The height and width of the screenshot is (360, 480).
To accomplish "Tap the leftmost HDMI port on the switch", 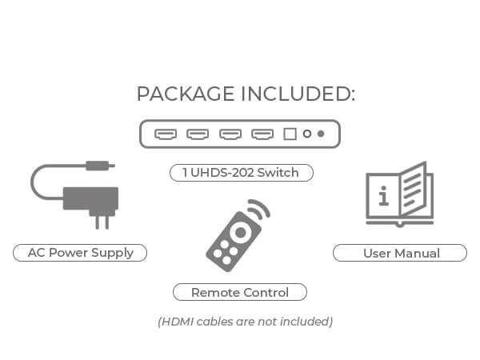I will (166, 134).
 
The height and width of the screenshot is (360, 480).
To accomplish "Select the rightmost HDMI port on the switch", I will (262, 134).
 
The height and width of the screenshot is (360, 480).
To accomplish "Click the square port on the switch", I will (290, 134).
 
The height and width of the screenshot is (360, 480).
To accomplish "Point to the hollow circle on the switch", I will (306, 134).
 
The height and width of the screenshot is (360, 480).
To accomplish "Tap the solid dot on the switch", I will (321, 134).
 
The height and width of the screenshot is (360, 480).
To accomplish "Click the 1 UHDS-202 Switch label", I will (241, 173).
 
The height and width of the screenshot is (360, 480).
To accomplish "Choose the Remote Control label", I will (240, 293).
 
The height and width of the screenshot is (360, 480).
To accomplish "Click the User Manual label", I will (401, 253).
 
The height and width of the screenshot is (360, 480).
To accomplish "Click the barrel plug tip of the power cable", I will (100, 166).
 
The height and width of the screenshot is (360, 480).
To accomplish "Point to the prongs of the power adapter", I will (102, 220).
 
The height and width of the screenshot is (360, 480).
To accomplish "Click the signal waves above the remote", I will (258, 210).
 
